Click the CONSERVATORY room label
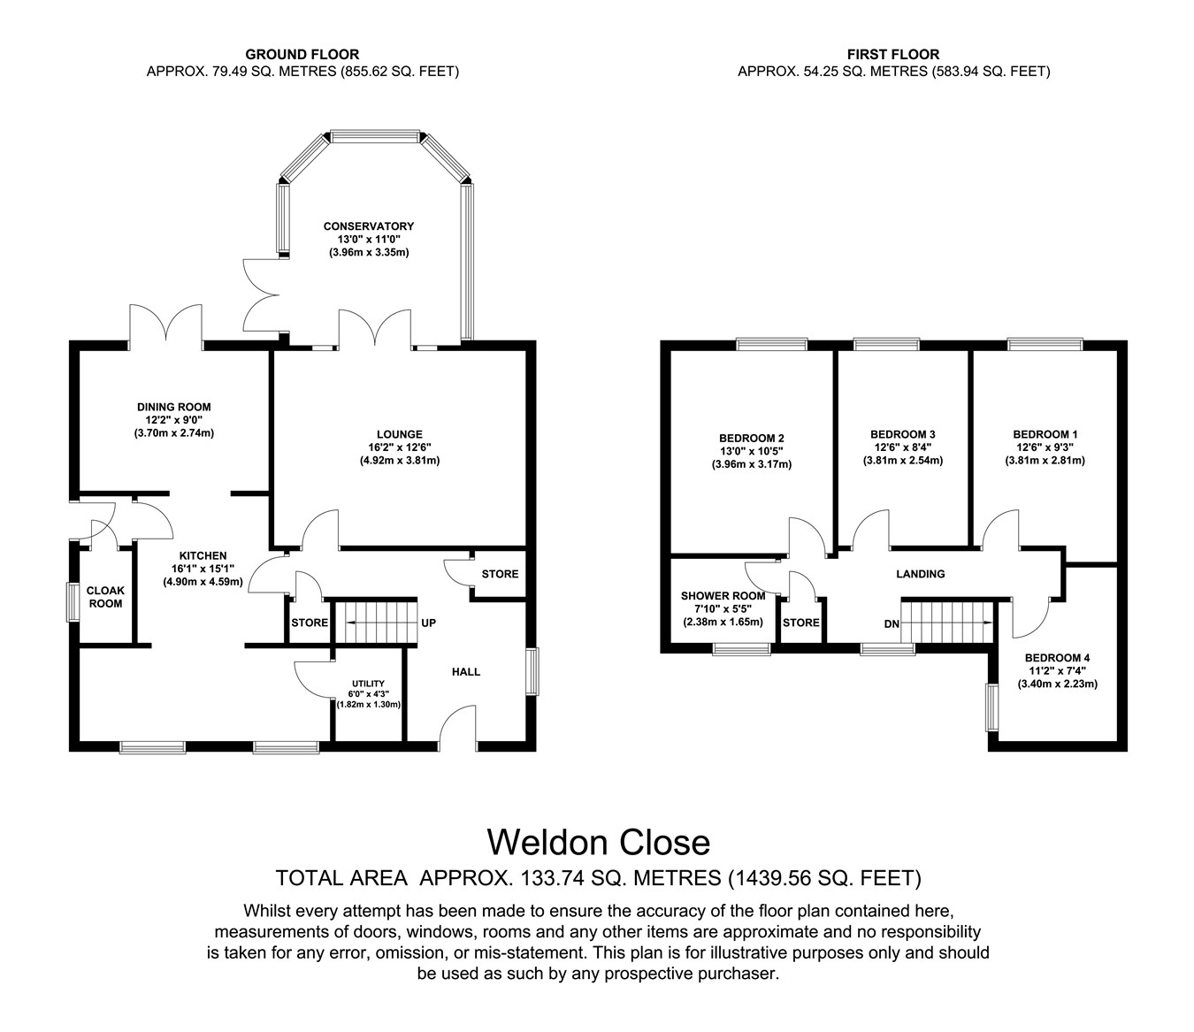click(x=369, y=226)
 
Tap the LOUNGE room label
click(x=400, y=434)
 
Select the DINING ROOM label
click(x=174, y=407)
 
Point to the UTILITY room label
click(x=369, y=684)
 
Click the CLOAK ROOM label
click(x=105, y=597)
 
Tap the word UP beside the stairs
click(x=429, y=623)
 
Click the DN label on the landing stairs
click(x=892, y=624)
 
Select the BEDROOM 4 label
click(x=1057, y=658)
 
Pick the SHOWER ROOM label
click(x=723, y=596)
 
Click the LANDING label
click(x=921, y=574)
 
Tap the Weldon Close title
click(x=599, y=843)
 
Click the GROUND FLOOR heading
click(x=302, y=54)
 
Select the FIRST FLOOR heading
click(x=893, y=54)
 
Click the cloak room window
click(x=73, y=602)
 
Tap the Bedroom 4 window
click(x=992, y=707)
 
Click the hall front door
click(x=458, y=728)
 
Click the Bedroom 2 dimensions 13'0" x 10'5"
click(x=752, y=451)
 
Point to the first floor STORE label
click(x=801, y=623)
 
